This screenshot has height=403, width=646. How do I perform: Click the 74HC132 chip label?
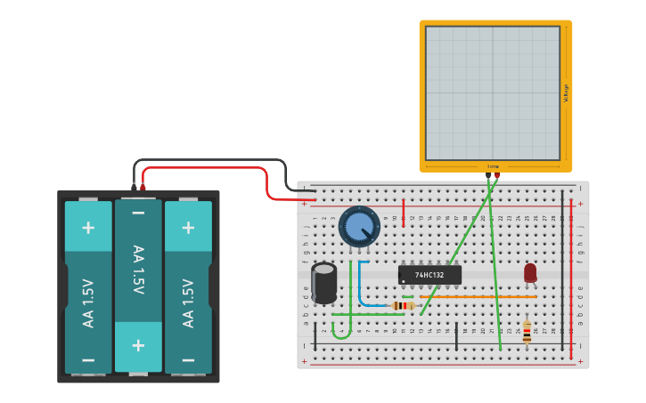(429, 275)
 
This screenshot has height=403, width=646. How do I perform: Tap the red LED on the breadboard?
(530, 272)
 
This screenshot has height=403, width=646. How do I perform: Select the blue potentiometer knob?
(358, 227)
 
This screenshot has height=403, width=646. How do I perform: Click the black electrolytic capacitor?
(324, 282)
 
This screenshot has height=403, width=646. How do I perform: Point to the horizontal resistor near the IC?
(404, 306)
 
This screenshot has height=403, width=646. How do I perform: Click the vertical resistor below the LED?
(527, 332)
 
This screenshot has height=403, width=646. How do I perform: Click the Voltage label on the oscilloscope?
(566, 93)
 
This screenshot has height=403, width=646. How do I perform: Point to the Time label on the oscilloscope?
(493, 166)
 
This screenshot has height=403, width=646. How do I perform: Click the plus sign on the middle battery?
(138, 345)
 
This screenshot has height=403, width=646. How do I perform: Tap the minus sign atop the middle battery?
(138, 214)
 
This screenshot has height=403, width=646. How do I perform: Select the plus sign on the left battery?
(88, 228)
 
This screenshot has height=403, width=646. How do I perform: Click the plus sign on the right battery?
(188, 228)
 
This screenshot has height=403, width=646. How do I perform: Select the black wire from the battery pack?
(214, 160)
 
